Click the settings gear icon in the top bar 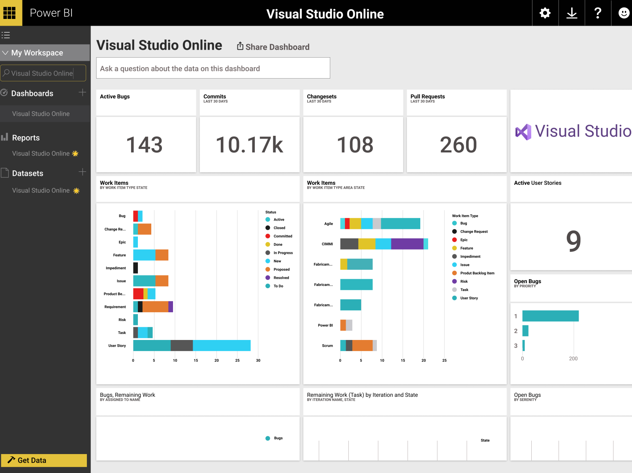[x=545, y=13]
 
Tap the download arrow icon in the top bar [x=572, y=13]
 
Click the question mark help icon [x=598, y=13]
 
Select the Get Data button [x=44, y=460]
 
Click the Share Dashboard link [x=273, y=47]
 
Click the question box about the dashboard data [x=213, y=68]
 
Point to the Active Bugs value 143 [x=145, y=145]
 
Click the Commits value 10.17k [x=249, y=145]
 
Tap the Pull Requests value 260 [x=458, y=145]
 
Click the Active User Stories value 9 [x=574, y=241]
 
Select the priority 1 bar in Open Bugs [x=550, y=316]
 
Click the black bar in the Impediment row [x=135, y=268]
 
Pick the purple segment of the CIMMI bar [x=407, y=244]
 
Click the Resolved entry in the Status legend [x=281, y=278]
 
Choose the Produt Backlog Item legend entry [x=477, y=273]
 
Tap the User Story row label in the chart [x=117, y=346]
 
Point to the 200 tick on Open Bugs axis [x=573, y=359]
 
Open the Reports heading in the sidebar [x=26, y=138]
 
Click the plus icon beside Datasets [x=82, y=172]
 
